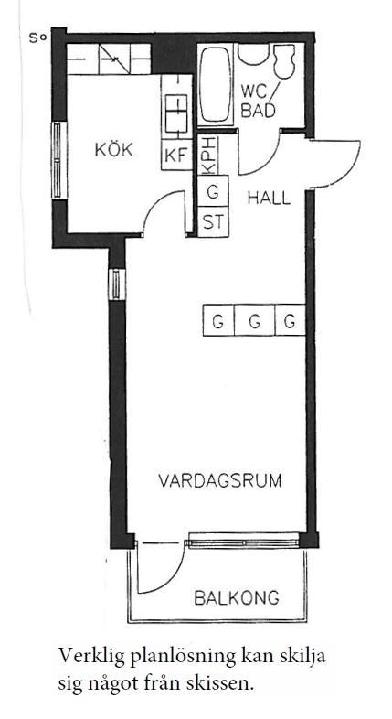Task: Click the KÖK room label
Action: point(113,149)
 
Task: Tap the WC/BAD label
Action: point(259,102)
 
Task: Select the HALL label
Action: point(269,198)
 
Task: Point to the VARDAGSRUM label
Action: point(220,480)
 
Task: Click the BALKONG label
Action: point(237,598)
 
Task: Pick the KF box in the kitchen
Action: point(175,156)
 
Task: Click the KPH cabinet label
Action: point(208,156)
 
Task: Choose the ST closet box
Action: point(214,222)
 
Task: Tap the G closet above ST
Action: point(214,191)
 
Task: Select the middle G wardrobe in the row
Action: point(255,321)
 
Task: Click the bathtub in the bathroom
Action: point(216,84)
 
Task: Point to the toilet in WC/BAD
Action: point(284,61)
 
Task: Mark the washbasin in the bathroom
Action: point(253,54)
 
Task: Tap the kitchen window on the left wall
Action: point(59,160)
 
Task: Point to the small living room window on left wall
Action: point(118,284)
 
